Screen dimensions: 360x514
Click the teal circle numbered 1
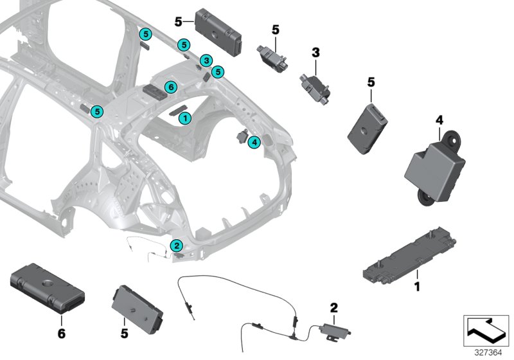click(x=184, y=118)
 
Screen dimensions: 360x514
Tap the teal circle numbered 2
click(x=176, y=245)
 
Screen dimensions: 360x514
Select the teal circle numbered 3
click(x=205, y=60)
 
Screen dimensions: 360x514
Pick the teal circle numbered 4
click(x=254, y=142)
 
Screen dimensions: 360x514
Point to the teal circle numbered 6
click(x=170, y=87)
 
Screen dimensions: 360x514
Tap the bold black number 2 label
click(x=333, y=307)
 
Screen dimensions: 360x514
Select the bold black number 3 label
click(x=315, y=51)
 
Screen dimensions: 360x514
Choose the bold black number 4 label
click(x=439, y=120)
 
